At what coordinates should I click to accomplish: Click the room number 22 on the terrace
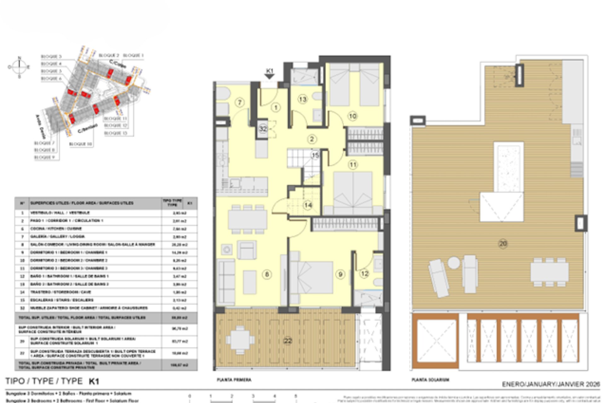coord(288,341)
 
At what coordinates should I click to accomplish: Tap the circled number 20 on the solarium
coord(503,243)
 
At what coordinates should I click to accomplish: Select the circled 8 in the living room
coord(267,274)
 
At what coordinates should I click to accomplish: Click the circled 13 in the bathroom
coord(302,99)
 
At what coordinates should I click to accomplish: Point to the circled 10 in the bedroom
coord(352,116)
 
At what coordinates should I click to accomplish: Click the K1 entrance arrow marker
coord(269,74)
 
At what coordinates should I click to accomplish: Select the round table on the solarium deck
coord(454,263)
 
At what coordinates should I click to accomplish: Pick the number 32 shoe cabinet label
coord(263,129)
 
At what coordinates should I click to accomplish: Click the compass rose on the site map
coord(19,67)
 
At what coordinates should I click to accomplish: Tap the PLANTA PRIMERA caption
coord(234,380)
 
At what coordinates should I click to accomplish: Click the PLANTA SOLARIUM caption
coord(430,380)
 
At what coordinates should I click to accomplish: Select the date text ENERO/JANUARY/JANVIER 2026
coord(551,384)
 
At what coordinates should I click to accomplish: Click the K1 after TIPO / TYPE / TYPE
coord(94,382)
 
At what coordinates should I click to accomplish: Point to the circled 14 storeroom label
coord(308,205)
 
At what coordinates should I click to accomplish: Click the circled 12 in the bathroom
coord(365,274)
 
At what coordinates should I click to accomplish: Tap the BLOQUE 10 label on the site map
coord(81,144)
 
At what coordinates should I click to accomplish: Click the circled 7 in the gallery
coord(240,102)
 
